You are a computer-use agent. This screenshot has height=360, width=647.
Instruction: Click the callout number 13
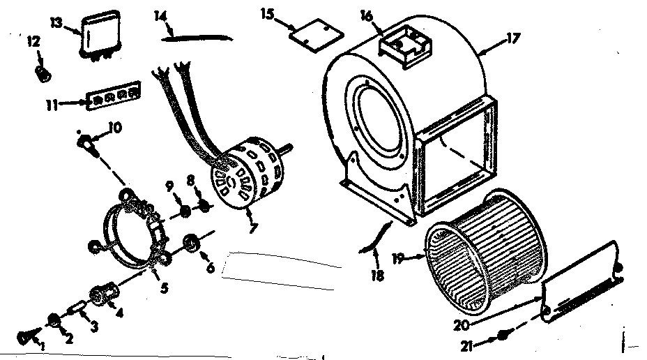(x=57, y=22)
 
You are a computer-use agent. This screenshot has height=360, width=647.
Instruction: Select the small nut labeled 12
(x=41, y=72)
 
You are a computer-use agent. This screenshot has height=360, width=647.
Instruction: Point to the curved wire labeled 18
(x=377, y=237)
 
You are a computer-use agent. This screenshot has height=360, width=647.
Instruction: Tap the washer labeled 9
(x=184, y=211)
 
